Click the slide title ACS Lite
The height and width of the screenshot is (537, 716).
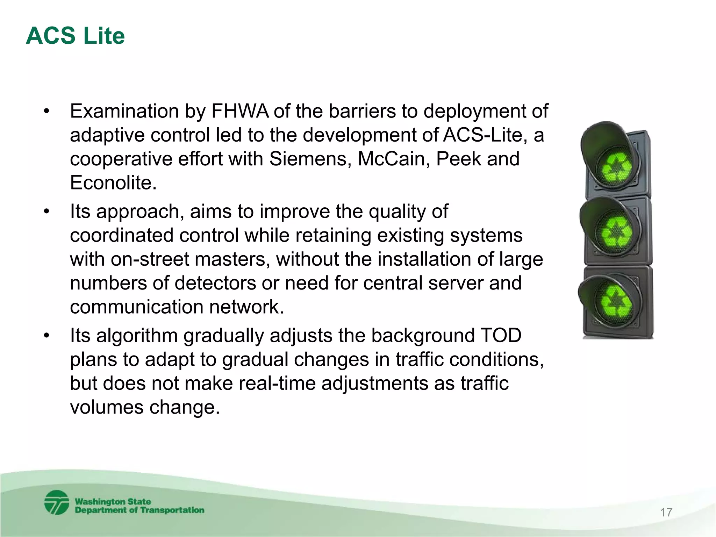(75, 36)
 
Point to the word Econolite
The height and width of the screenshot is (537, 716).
(113, 183)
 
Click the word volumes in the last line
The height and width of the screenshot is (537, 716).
(106, 407)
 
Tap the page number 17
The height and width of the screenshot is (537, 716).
(666, 513)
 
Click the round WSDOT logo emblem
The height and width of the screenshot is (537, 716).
(57, 503)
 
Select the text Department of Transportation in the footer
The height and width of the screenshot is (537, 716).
(139, 510)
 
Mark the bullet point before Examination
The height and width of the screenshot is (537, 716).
(47, 112)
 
